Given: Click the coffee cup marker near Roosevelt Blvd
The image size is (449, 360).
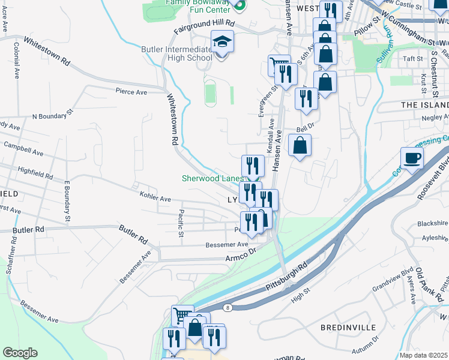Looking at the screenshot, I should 412,158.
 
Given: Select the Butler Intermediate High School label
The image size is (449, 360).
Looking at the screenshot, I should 176,53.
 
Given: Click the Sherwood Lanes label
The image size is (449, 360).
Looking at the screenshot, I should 213,178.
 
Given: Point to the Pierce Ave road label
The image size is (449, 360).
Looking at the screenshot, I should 131,92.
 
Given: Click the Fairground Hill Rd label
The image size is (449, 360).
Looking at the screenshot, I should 203,26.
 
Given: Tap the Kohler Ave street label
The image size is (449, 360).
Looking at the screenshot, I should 155,198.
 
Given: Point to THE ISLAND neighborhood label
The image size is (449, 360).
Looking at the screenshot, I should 424,105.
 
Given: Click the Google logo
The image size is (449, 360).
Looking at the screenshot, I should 20,352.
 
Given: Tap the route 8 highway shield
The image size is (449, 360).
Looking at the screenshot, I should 228,308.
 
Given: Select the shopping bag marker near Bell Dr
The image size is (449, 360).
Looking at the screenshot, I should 300,145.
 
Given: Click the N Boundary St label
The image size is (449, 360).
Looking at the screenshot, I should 52,114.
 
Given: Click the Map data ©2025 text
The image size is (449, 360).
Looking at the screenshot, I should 424,355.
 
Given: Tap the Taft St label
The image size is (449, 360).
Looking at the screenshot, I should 414,59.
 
